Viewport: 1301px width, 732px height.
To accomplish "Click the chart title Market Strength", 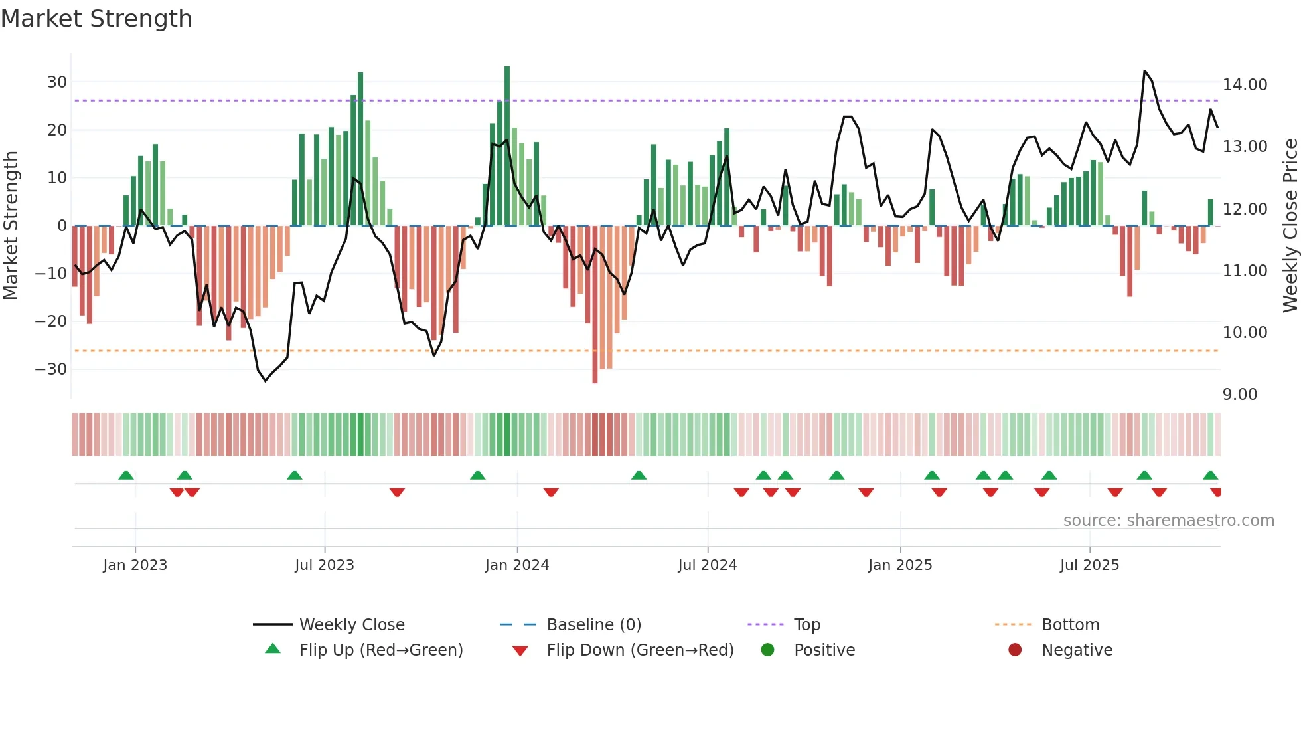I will (x=96, y=19).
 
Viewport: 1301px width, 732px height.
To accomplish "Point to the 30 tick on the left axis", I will (x=57, y=82).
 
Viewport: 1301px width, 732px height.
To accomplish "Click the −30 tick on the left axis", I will (x=52, y=369).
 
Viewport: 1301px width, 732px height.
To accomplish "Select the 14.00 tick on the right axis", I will (x=1245, y=85).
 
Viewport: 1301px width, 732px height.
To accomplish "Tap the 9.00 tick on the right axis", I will (x=1239, y=395).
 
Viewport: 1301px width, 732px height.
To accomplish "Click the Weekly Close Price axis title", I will (x=1290, y=226).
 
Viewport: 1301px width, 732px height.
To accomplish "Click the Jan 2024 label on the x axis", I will (x=517, y=565).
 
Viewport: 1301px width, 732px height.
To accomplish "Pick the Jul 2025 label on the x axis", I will (x=1089, y=565).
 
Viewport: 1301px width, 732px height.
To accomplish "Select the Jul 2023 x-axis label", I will (x=325, y=565).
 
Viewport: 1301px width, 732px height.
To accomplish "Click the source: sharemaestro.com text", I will (x=1168, y=521).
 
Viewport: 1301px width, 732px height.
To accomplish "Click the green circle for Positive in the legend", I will (x=767, y=650).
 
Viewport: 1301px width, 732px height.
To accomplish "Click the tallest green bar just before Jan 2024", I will (x=507, y=146).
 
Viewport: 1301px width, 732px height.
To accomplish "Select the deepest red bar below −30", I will (x=595, y=306).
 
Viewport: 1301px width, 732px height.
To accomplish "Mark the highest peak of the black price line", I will (x=1145, y=71).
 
